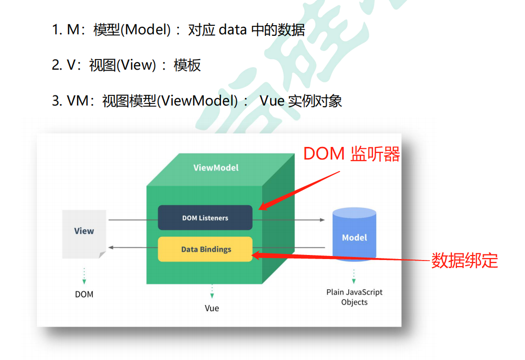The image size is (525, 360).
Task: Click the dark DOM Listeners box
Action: point(205,218)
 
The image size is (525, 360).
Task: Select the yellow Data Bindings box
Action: point(205,249)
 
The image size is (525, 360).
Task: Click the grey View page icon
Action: point(84,234)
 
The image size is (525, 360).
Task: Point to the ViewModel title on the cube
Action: point(216,168)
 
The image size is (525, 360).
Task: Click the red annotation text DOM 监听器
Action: point(351,155)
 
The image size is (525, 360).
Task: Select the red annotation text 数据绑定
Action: point(464,261)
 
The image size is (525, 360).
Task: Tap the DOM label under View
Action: point(84,294)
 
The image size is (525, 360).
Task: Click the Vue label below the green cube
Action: point(212,308)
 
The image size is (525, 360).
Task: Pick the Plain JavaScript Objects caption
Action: point(354,297)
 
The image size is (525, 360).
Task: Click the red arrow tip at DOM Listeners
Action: point(260,208)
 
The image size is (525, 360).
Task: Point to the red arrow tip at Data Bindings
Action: point(253,255)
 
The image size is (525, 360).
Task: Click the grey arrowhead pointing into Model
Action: point(322,220)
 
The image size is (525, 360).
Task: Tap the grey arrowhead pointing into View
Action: point(111,247)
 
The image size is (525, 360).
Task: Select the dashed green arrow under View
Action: point(84,276)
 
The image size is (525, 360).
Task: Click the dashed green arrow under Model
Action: point(354,276)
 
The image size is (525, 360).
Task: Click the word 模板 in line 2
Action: point(187,65)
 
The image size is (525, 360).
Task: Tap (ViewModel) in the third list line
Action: point(197,101)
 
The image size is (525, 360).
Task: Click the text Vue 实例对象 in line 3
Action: point(301,101)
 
